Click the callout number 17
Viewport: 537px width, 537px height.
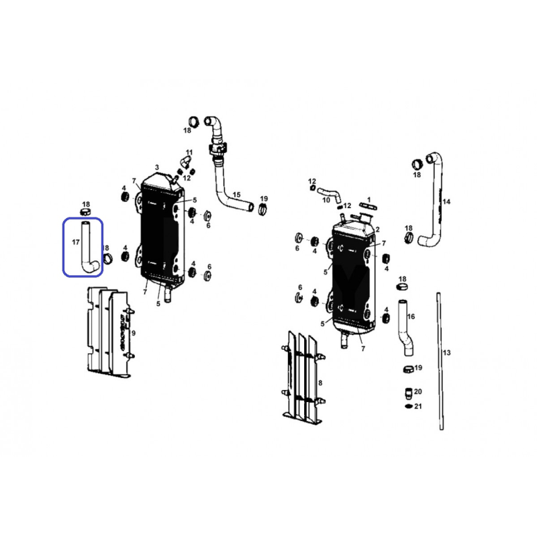76,242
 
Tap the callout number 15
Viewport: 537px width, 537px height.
236,195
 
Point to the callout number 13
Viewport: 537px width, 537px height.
446,352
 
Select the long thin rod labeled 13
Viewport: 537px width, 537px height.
440,361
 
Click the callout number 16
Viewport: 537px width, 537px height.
411,316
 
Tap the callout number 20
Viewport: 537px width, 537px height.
418,391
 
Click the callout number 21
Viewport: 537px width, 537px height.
418,406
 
